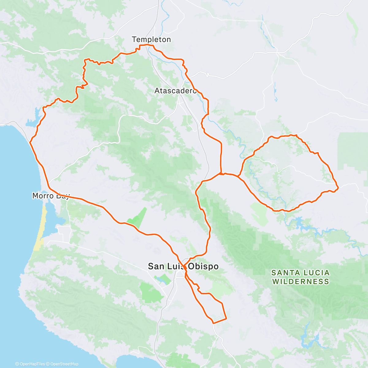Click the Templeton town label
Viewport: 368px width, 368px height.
[x=151, y=39]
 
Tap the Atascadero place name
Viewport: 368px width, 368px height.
[x=175, y=91]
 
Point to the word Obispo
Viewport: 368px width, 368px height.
[x=203, y=266]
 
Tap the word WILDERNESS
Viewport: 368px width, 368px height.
[x=301, y=281]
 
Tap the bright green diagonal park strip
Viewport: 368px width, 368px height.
[x=137, y=218]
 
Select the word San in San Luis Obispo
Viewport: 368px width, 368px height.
[x=156, y=266]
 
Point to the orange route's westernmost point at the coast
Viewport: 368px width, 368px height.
[x=30, y=142]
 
